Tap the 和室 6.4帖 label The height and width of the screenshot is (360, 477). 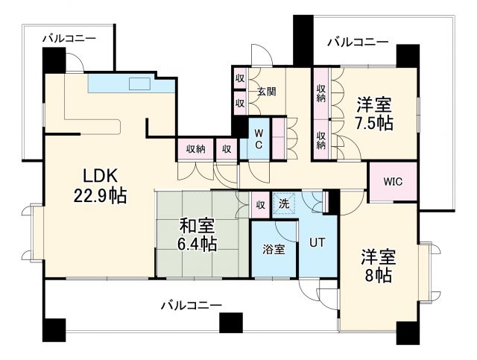pyautogui.click(x=198, y=233)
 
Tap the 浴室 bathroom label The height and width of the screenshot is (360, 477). pyautogui.click(x=274, y=250)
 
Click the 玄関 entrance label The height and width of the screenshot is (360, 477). pyautogui.click(x=267, y=92)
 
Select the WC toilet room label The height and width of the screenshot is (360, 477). pyautogui.click(x=258, y=139)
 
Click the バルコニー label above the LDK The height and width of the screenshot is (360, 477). pyautogui.click(x=69, y=36)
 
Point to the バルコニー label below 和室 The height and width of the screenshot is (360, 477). pyautogui.click(x=190, y=306)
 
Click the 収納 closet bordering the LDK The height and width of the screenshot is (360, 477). pyautogui.click(x=195, y=148)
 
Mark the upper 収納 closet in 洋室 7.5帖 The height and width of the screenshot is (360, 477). pyautogui.click(x=321, y=93)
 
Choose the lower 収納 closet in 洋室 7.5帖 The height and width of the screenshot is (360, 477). pyautogui.click(x=321, y=139)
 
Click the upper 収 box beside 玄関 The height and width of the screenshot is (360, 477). pyautogui.click(x=239, y=78)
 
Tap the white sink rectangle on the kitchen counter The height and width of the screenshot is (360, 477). pyautogui.click(x=139, y=82)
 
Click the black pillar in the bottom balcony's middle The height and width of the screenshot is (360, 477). pyautogui.click(x=231, y=323)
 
